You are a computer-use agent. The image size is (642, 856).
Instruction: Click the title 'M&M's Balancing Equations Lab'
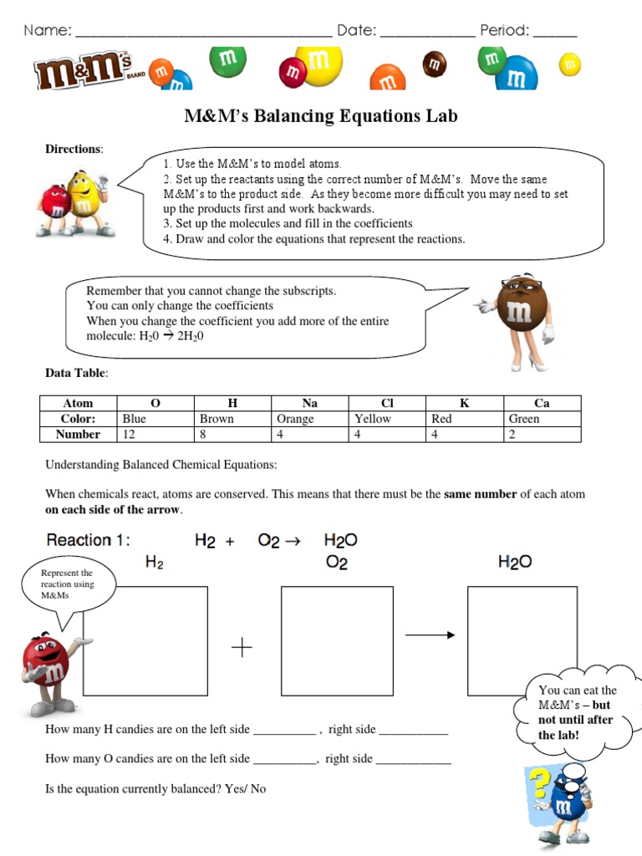(321, 115)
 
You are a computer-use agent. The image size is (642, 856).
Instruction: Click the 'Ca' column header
(542, 403)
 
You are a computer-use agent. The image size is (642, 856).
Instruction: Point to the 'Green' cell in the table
(524, 419)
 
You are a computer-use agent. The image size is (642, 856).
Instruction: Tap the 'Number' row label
(78, 435)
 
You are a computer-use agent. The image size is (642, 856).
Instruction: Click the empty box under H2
(145, 641)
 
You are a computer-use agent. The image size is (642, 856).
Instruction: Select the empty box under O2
(337, 641)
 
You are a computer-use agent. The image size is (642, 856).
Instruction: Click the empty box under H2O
(522, 641)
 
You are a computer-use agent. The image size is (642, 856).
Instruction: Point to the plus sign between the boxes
(242, 647)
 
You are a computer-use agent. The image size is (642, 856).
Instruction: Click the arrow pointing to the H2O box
(430, 635)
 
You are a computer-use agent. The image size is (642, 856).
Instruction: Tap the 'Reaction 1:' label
(89, 540)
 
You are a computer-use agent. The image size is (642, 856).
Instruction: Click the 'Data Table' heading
(76, 373)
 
